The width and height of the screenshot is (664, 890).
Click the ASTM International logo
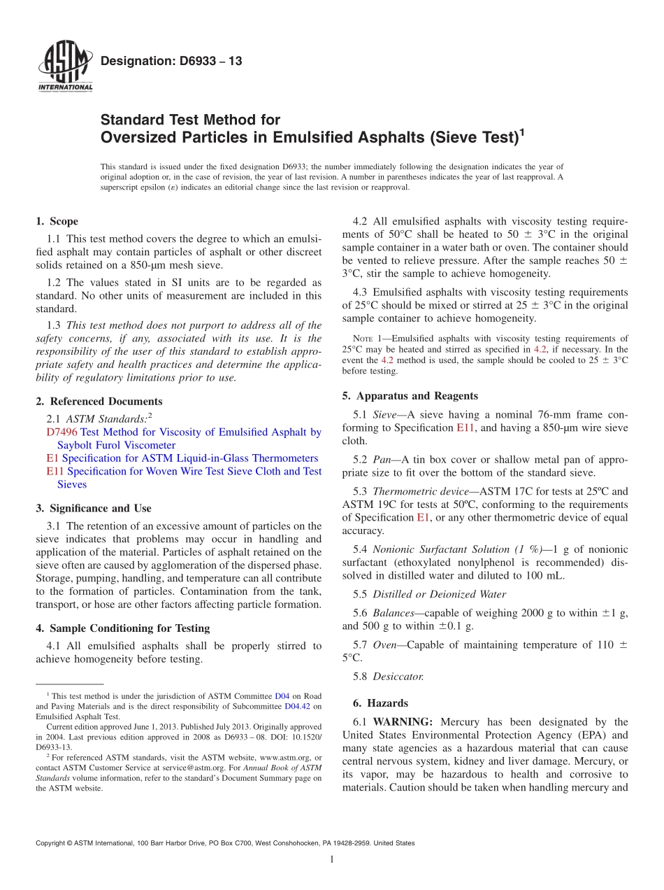click(x=64, y=69)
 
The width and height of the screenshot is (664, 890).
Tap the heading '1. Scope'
click(x=57, y=222)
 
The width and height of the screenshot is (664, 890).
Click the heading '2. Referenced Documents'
click(x=99, y=402)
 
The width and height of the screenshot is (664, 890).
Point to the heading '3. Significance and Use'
click(x=93, y=509)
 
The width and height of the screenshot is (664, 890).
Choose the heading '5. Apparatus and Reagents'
click(x=410, y=396)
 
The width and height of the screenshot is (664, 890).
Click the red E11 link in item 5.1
click(x=465, y=428)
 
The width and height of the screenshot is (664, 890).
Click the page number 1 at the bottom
click(x=331, y=860)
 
